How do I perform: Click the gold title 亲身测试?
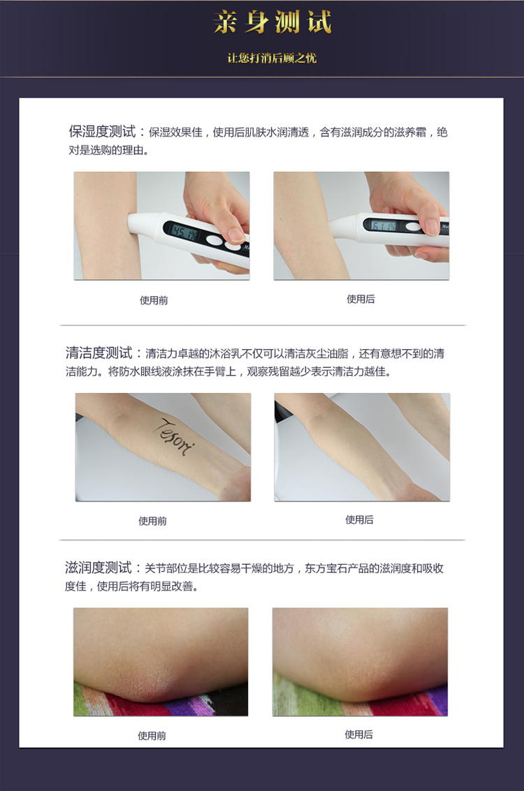[272, 23]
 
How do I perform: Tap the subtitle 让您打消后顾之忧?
[272, 58]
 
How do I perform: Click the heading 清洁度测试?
[104, 353]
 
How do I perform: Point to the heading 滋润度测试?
[103, 568]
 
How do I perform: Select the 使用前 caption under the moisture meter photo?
[154, 300]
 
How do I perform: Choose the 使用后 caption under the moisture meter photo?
[361, 299]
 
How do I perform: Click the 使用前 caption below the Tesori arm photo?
[152, 521]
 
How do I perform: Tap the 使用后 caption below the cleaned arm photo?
[359, 519]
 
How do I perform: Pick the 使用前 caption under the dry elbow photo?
[152, 735]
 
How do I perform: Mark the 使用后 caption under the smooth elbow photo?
[358, 734]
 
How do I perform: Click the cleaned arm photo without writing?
[362, 447]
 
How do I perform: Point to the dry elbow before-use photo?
[161, 661]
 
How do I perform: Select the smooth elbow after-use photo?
[360, 661]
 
